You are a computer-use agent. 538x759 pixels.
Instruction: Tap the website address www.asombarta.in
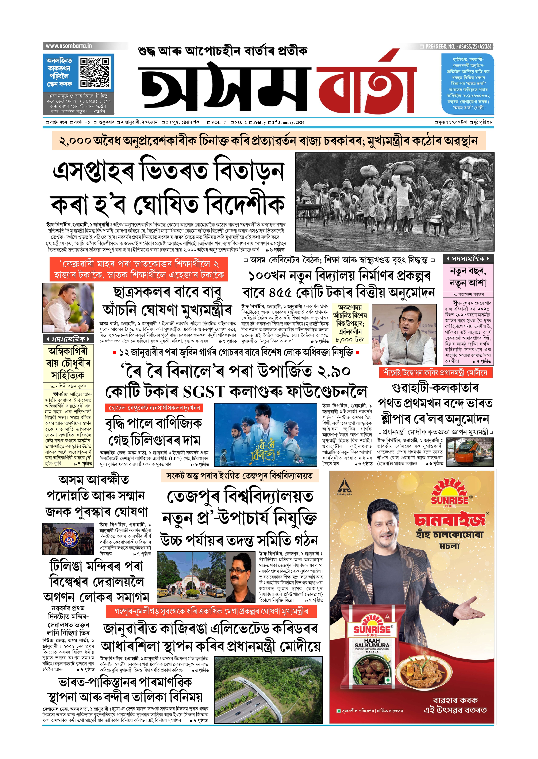pyautogui.click(x=69, y=46)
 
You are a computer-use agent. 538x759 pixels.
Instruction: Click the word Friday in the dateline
pyautogui.click(x=259, y=122)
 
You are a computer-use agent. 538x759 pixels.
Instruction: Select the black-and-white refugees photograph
pyautogui.click(x=394, y=202)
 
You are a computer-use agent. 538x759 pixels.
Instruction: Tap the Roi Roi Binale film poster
pyautogui.click(x=265, y=435)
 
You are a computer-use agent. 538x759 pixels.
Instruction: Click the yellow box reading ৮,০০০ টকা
pyautogui.click(x=350, y=340)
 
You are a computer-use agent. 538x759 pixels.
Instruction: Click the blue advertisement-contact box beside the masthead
pyautogui.click(x=468, y=84)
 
